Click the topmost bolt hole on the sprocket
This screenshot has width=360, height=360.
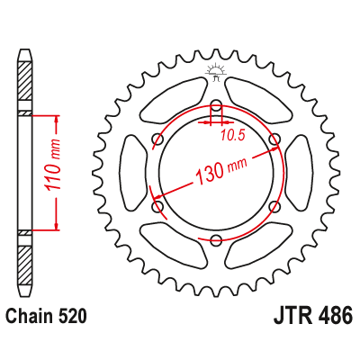pos(216,105)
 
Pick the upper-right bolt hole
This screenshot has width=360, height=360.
pos(274,139)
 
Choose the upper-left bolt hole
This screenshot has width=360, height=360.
pos(157,139)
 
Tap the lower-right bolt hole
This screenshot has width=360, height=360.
pos(274,206)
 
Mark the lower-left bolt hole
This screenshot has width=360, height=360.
pos(157,206)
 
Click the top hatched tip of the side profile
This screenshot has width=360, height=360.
pos(24,67)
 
